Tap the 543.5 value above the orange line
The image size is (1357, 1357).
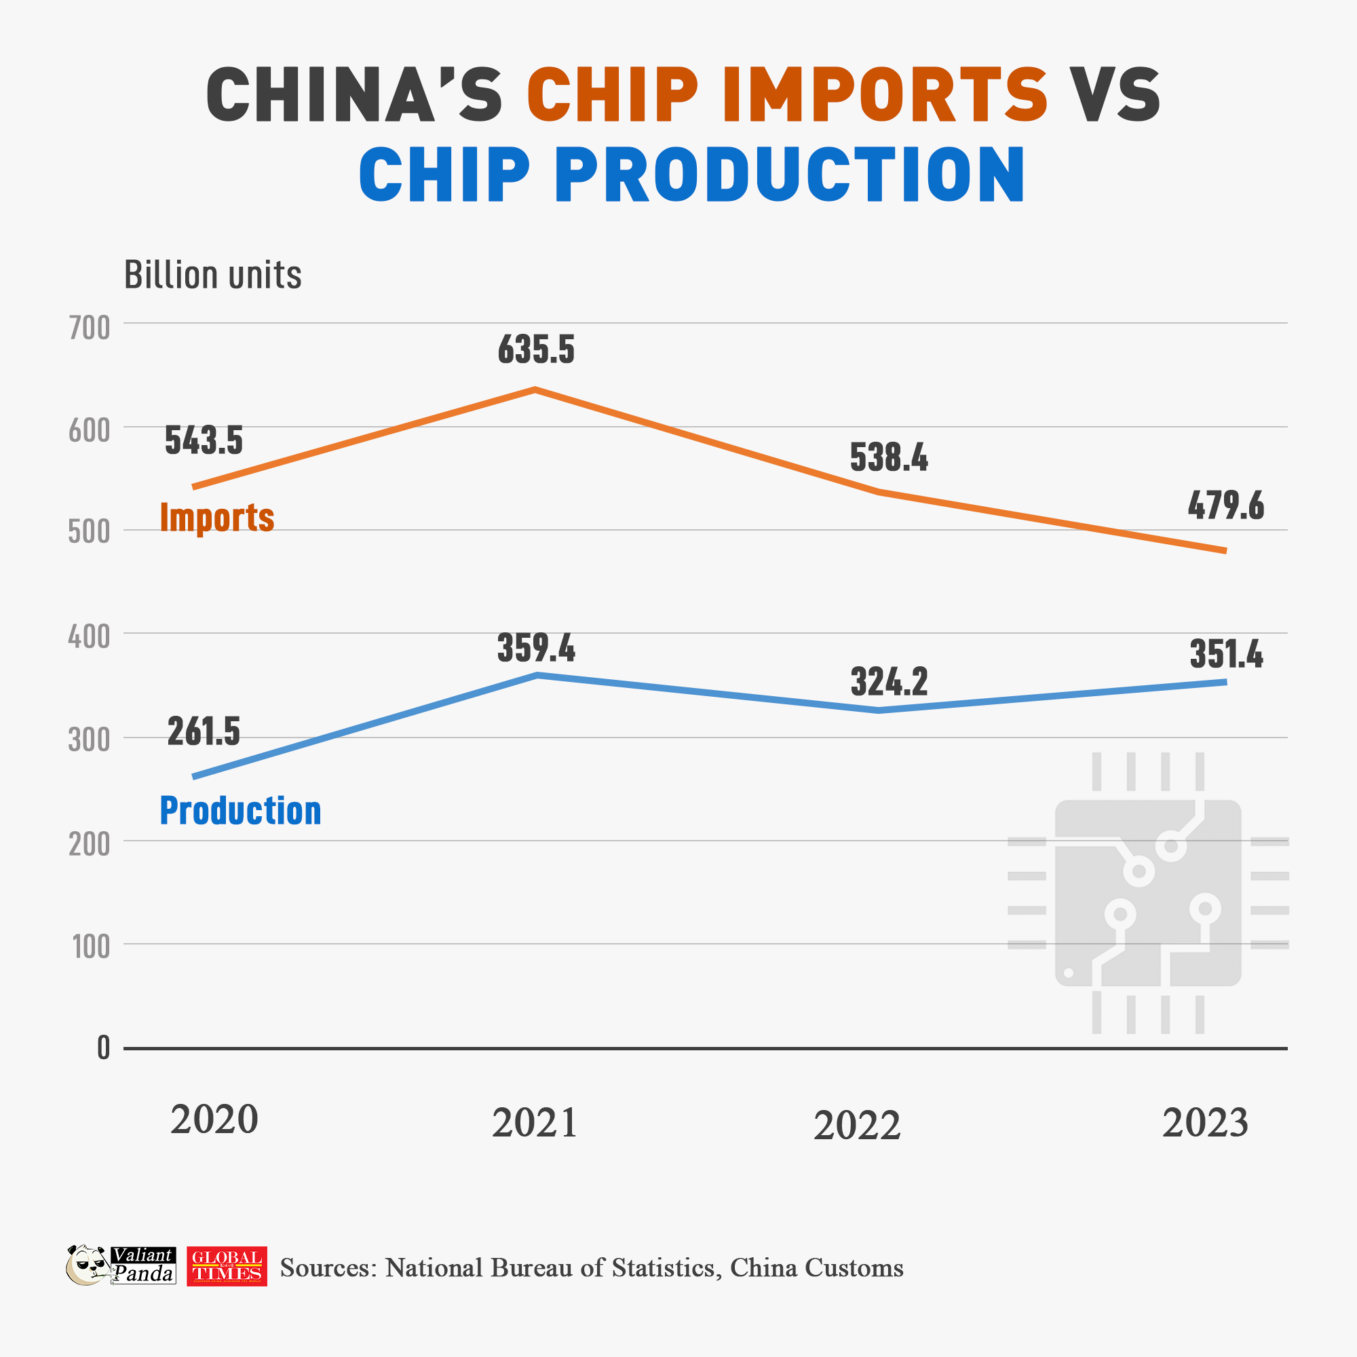(x=204, y=440)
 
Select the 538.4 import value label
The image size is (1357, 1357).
(x=889, y=457)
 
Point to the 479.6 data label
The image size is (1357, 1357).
(x=1225, y=505)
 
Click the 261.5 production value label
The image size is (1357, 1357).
(x=204, y=731)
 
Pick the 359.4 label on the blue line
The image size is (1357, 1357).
(x=536, y=647)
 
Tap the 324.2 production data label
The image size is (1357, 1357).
(x=889, y=682)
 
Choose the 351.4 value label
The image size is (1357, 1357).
(x=1225, y=654)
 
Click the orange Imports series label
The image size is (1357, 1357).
(x=217, y=518)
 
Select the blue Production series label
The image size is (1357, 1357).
(x=240, y=811)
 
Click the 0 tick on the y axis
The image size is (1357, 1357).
(x=103, y=1048)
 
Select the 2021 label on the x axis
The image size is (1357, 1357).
(x=535, y=1122)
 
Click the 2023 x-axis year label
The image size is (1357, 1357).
(x=1204, y=1122)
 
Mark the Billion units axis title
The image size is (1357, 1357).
(x=212, y=275)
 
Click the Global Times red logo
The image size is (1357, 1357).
(x=226, y=1266)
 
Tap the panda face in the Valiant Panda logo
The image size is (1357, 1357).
(x=87, y=1265)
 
